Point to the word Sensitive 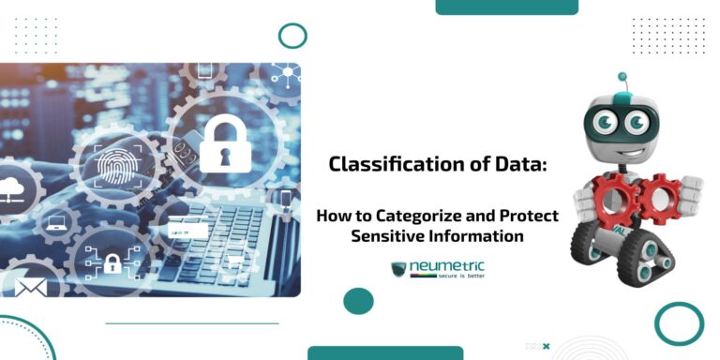tap(387, 235)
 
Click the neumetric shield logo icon tap(399, 270)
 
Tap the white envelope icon tap(30, 286)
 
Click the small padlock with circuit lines tap(110, 266)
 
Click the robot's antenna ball tap(621, 77)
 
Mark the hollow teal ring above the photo tap(292, 36)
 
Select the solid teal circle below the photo tap(358, 301)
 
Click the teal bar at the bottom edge tap(385, 352)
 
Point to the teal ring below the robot tap(679, 323)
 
